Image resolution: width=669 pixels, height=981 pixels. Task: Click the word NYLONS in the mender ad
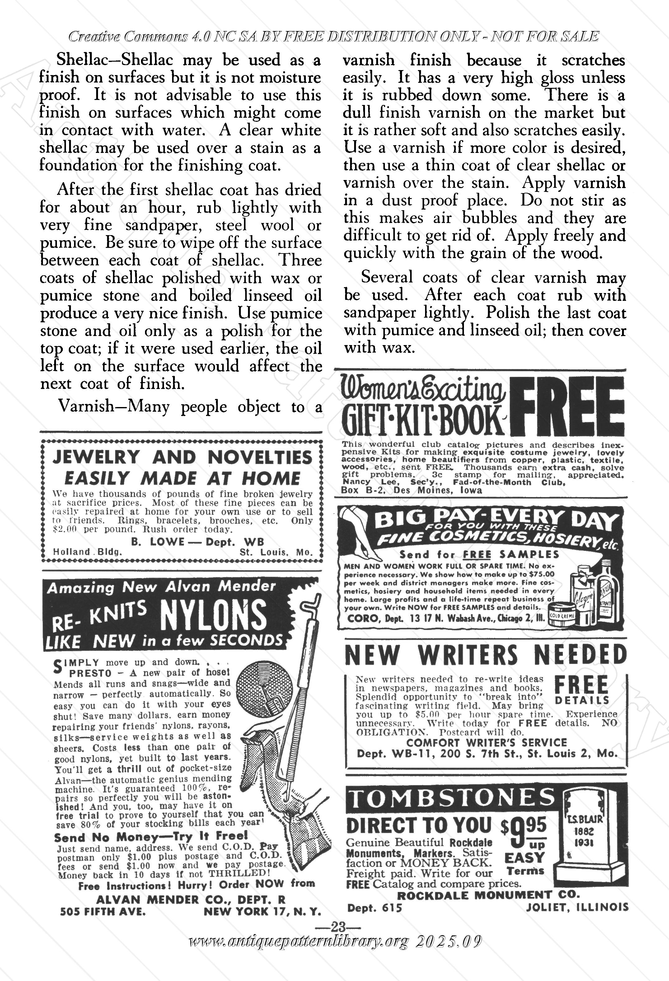[213, 616]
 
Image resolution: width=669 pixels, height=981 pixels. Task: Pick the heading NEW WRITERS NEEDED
[485, 656]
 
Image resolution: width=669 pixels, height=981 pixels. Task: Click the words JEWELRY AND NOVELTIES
[182, 457]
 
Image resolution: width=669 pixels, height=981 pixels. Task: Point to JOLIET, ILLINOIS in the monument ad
[577, 907]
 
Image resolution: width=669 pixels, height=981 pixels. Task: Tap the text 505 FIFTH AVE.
[103, 911]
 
